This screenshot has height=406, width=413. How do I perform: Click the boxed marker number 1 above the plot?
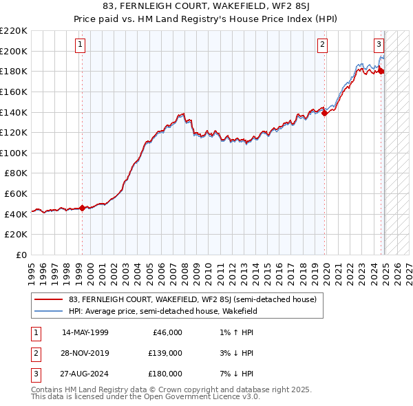pyautogui.click(x=81, y=45)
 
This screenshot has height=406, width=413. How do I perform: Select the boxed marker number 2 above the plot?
pyautogui.click(x=322, y=45)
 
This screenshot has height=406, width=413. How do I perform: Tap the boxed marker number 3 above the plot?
pyautogui.click(x=379, y=45)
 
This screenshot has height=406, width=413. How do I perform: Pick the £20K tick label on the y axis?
pyautogui.click(x=16, y=235)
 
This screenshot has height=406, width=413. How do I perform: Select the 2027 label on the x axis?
pyautogui.click(x=408, y=268)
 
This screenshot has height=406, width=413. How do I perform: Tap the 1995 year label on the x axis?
pyautogui.click(x=32, y=268)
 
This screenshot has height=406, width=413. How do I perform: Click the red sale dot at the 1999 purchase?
pyautogui.click(x=82, y=208)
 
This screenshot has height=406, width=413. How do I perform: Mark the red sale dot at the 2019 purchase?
pyautogui.click(x=326, y=114)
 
